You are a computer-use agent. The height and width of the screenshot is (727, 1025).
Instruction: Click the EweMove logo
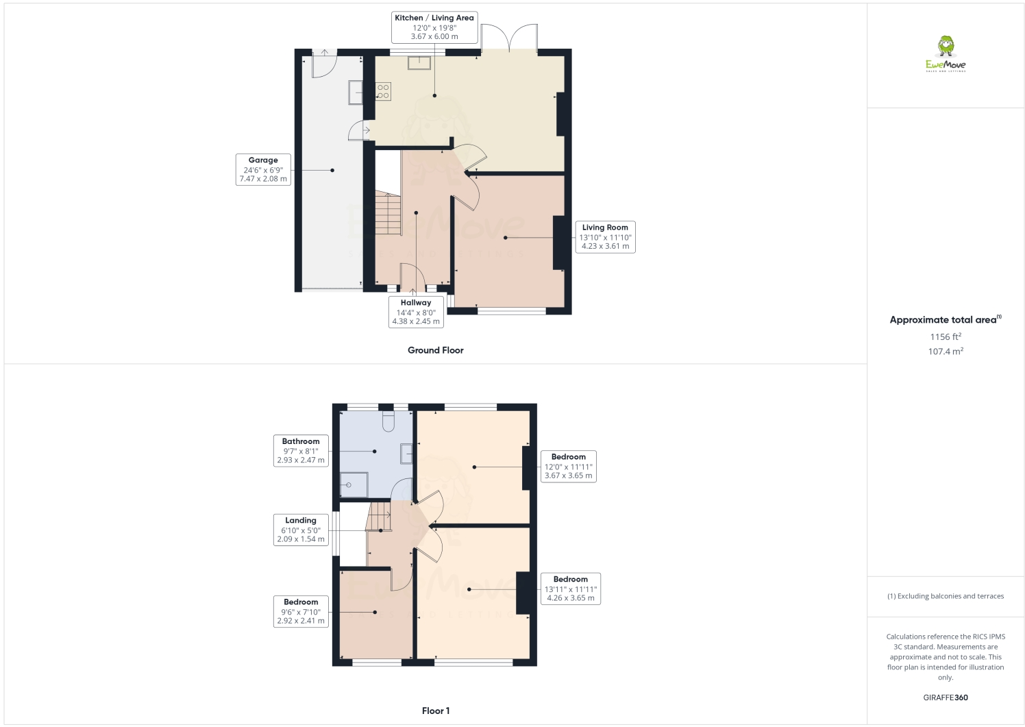click(x=946, y=54)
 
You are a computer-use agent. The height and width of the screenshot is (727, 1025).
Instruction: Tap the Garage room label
click(x=263, y=169)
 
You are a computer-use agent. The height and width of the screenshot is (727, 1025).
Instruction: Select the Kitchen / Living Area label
click(x=434, y=27)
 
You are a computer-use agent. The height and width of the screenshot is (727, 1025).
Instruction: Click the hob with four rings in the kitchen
click(x=383, y=91)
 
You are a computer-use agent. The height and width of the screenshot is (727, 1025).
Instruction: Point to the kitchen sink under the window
click(x=419, y=63)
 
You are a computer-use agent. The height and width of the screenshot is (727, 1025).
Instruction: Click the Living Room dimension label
click(x=605, y=236)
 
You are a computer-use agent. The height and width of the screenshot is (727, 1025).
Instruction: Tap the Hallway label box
click(x=416, y=312)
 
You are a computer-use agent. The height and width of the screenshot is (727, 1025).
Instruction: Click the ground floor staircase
click(x=388, y=214)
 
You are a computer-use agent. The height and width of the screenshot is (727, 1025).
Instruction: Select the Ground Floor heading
click(x=435, y=350)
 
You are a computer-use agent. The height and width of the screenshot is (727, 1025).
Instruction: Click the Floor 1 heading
click(x=435, y=711)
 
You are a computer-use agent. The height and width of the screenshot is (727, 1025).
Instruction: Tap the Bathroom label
click(x=301, y=450)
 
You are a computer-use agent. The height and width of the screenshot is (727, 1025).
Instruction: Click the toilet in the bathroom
click(x=388, y=420)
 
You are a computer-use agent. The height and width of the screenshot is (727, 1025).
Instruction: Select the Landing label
click(x=301, y=530)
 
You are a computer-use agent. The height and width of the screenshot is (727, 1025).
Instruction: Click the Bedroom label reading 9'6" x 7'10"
click(x=301, y=611)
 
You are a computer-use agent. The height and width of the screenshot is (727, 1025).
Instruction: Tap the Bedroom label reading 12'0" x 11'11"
click(x=568, y=466)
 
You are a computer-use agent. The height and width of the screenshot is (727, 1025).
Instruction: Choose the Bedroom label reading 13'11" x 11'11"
click(x=570, y=589)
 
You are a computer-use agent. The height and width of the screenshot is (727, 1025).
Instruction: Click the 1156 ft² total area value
click(x=945, y=336)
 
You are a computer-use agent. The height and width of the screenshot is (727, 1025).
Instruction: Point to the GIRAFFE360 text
click(x=945, y=698)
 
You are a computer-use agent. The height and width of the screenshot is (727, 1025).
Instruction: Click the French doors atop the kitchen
click(x=509, y=38)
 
